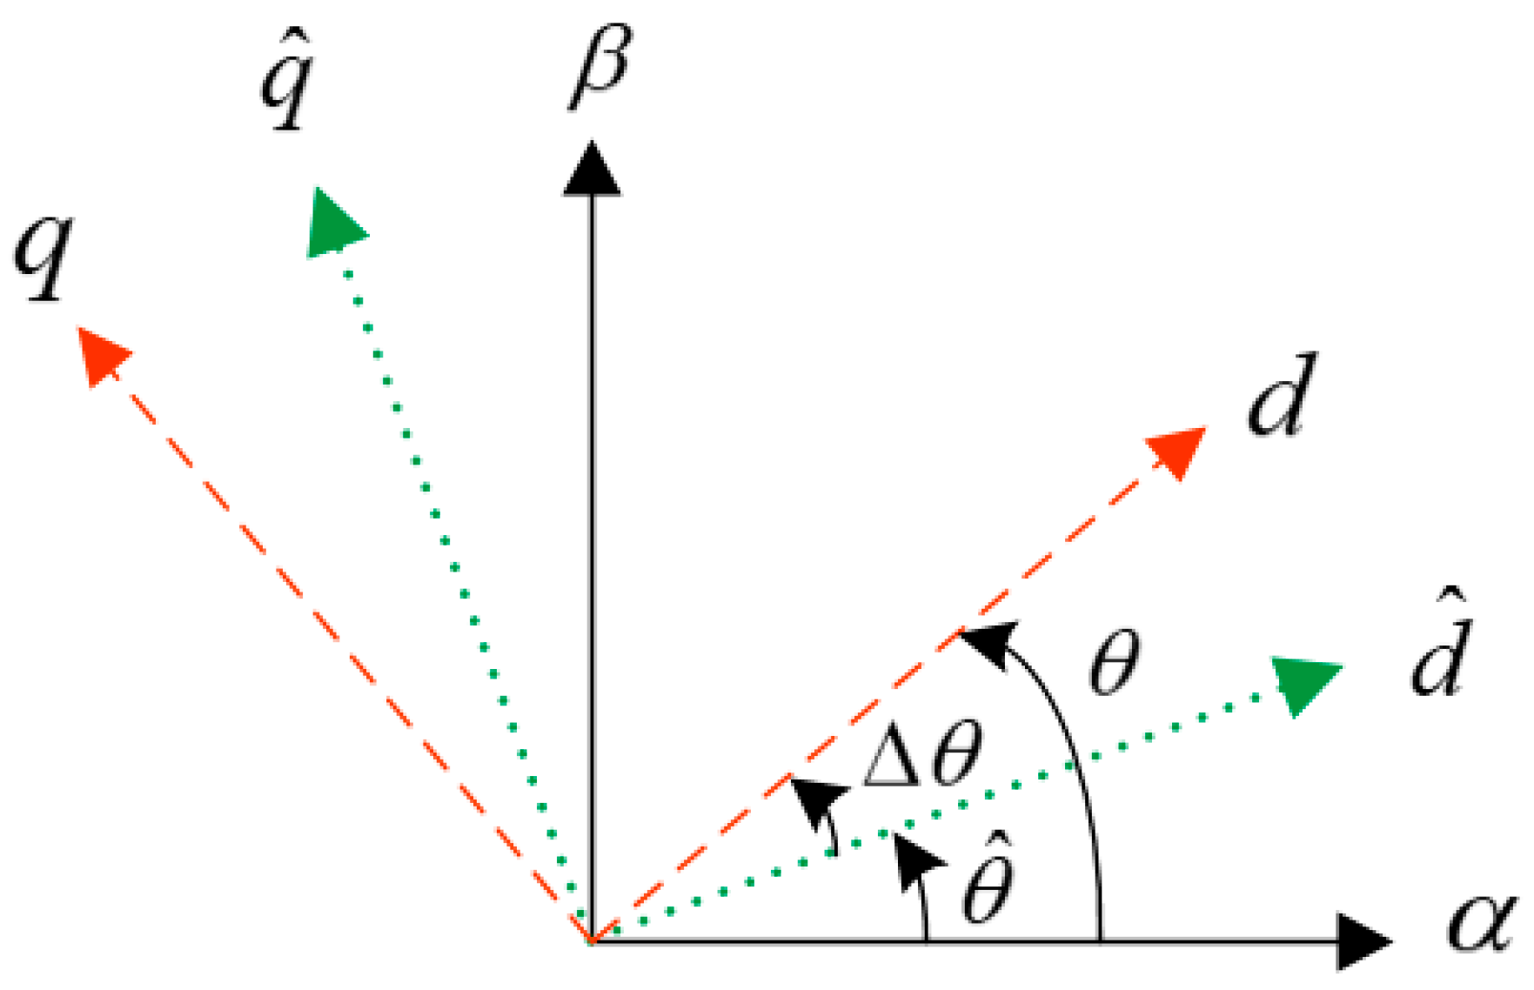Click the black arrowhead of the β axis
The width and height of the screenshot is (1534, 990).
593,170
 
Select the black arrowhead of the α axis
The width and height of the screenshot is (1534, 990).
1362,941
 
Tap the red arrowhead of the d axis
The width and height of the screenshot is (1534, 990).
1178,450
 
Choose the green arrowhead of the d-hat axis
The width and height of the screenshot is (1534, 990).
1304,683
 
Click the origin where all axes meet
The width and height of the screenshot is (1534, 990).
593,940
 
